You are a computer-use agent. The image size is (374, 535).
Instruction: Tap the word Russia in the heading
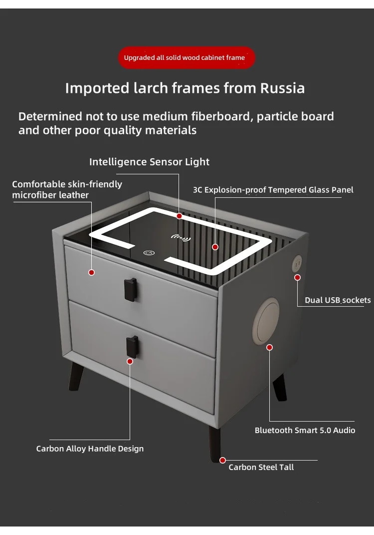pos(282,88)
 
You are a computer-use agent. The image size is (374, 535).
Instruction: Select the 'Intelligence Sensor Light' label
pos(149,162)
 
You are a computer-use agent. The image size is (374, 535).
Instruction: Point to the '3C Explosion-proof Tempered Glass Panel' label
pos(273,190)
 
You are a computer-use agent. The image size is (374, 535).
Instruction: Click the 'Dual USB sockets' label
pos(338,300)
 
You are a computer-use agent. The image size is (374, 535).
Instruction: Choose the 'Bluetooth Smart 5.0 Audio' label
pos(305,430)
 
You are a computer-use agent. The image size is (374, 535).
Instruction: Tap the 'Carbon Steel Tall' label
pos(261,467)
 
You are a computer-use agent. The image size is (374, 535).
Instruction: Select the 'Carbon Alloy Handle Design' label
pos(90,449)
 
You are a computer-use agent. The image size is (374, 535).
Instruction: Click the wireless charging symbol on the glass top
pos(181,238)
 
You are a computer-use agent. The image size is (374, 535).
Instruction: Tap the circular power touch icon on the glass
pos(149,253)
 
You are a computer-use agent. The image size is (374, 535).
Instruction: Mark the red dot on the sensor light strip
pos(179,216)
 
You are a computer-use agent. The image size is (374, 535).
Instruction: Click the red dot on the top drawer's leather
pos(91,272)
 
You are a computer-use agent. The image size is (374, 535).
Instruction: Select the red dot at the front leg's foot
pos(223,460)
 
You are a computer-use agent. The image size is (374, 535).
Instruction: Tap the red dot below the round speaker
pos(269,347)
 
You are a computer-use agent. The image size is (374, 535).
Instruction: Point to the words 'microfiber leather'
pos(50,195)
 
